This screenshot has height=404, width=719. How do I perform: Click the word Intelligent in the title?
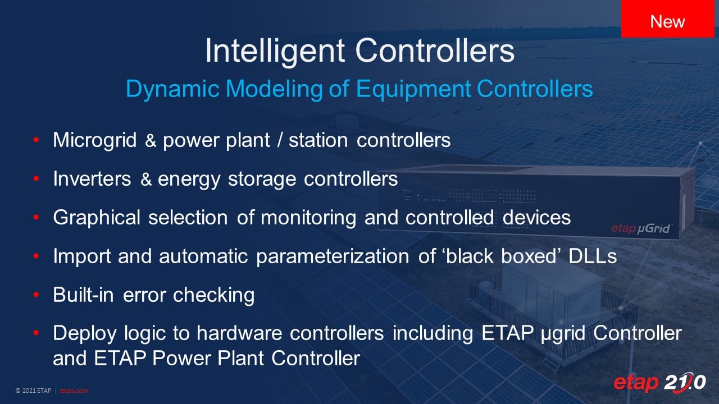coord(275,51)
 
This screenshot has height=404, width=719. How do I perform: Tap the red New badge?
coord(668,19)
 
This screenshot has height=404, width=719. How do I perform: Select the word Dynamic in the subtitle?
coord(172,89)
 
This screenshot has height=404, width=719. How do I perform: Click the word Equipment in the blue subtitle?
coord(413,89)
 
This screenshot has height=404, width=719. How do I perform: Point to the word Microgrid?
coord(95,141)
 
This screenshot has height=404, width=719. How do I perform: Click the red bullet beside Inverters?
coord(36,178)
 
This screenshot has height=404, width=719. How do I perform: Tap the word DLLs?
coord(593,256)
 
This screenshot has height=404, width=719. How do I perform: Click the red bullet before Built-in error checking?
coord(36,295)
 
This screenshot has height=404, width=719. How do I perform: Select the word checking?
coord(214,295)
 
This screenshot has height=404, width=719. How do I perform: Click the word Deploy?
coord(85,334)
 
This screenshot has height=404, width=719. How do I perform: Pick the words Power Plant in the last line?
coord(208,358)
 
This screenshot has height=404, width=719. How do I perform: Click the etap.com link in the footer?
coord(74,391)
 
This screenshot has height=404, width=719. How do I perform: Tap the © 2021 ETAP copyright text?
coord(33,391)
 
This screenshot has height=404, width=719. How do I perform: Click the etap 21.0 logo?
coord(659,383)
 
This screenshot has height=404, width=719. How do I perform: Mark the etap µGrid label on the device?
coord(641,228)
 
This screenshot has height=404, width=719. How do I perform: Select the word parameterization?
coord(333,257)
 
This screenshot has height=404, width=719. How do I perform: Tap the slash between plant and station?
coord(280,140)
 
